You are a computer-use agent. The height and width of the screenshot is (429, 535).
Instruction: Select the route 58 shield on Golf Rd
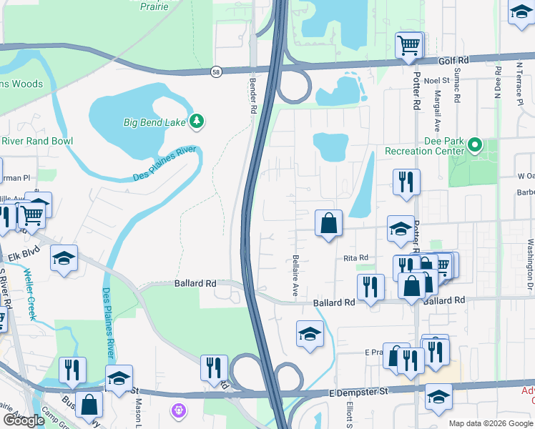pos(216,71)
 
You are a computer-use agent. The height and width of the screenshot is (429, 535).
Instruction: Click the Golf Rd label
pos(453,60)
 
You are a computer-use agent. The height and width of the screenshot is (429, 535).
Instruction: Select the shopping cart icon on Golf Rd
pos(408,46)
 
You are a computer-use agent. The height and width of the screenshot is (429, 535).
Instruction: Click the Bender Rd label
pos(252,97)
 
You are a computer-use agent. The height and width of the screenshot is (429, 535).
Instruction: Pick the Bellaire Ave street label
pos(295,277)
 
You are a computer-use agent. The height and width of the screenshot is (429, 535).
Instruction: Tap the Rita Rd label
pos(355,257)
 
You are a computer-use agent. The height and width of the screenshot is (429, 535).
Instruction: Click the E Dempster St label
pos(358,391)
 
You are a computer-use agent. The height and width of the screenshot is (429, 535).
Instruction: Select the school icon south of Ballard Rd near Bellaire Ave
pos(309,334)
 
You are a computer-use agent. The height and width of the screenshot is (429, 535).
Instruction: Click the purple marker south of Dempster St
pos(177,410)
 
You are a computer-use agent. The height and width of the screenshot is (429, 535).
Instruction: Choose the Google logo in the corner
pos(23,420)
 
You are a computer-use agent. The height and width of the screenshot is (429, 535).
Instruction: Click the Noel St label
pos(436,81)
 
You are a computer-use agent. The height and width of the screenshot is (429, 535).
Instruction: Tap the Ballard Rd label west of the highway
pos(195,283)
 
